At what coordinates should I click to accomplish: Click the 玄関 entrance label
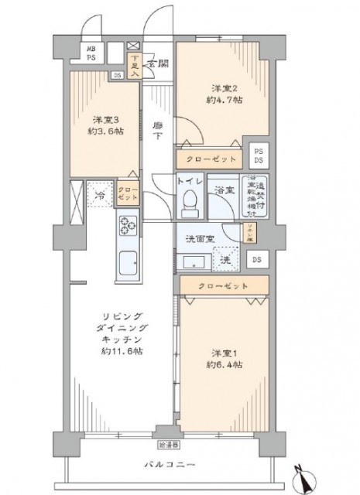(x=159, y=63)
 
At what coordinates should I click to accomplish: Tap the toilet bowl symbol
(x=189, y=203)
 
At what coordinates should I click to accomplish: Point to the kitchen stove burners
(x=128, y=225)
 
